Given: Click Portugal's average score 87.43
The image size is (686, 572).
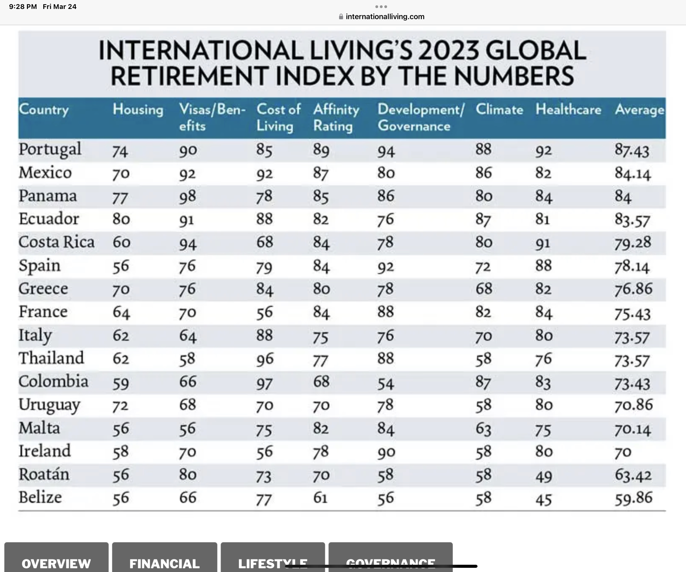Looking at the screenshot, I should click(632, 150).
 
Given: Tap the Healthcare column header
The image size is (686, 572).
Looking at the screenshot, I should click(568, 109).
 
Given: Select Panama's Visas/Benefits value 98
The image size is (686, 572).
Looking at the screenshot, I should click(188, 196).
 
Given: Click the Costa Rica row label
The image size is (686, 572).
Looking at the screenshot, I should click(56, 242).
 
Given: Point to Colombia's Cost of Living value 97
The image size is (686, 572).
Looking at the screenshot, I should click(264, 382).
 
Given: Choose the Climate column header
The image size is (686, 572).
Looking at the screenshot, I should click(499, 109).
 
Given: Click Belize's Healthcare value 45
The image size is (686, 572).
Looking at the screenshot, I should click(544, 499).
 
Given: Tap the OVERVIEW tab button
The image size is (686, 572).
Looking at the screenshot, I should click(56, 563).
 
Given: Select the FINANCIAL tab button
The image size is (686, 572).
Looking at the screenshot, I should click(164, 563).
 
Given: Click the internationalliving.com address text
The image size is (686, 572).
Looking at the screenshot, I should click(385, 17).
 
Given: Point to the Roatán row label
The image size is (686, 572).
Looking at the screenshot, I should click(44, 475).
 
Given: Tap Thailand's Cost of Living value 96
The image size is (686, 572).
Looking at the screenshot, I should click(265, 359).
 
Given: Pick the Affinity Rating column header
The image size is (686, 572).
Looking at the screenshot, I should click(336, 118).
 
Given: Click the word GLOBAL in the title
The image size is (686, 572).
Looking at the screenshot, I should click(536, 51).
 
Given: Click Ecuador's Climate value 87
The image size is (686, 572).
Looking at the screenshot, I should click(483, 219).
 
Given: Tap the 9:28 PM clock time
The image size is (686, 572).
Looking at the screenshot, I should click(23, 6).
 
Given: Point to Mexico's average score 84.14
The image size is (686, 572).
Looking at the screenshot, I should click(633, 173).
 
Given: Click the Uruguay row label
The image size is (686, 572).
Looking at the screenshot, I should click(49, 405).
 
